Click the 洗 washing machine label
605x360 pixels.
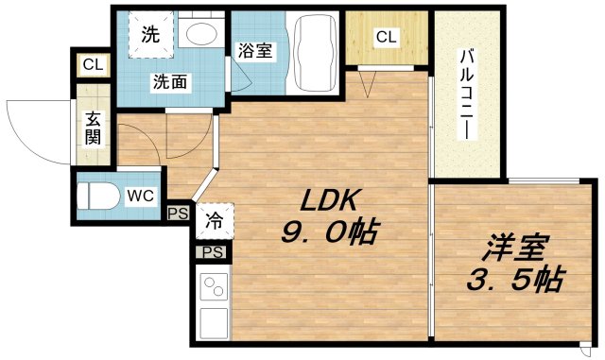[151, 33]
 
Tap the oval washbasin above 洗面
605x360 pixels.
[200, 36]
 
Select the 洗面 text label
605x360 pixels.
[171, 82]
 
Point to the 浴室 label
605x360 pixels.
[255, 51]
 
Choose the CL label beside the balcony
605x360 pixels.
[386, 38]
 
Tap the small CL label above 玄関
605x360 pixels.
[92, 65]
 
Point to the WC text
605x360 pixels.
[139, 196]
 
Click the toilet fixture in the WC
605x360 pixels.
[96, 197]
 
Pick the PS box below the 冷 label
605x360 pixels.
[213, 252]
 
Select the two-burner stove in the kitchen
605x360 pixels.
[212, 287]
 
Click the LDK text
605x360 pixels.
[328, 200]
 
